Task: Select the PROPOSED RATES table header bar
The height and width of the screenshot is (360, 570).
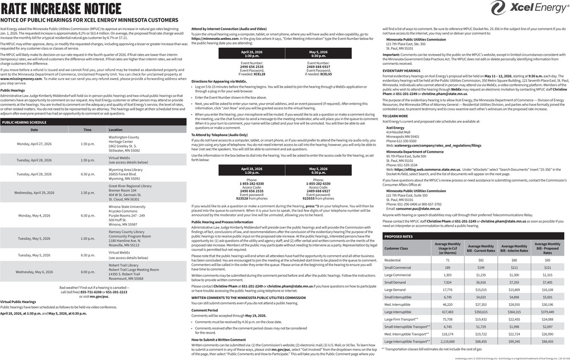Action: click(x=400, y=236)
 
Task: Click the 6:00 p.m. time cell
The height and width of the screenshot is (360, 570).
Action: click(x=88, y=272)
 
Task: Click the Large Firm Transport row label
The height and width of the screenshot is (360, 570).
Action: click(x=401, y=319)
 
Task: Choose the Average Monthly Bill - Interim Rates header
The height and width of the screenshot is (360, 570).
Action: click(x=514, y=248)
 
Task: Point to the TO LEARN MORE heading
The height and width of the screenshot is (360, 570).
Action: click(x=395, y=116)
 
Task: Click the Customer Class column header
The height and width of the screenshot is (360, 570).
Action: click(x=396, y=248)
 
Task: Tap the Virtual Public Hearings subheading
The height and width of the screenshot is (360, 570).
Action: click(x=18, y=301)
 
